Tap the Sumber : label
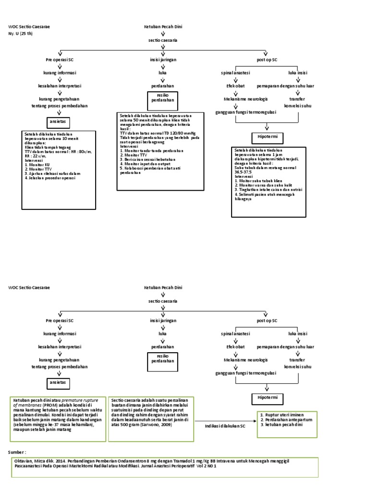click(x=18, y=452)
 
